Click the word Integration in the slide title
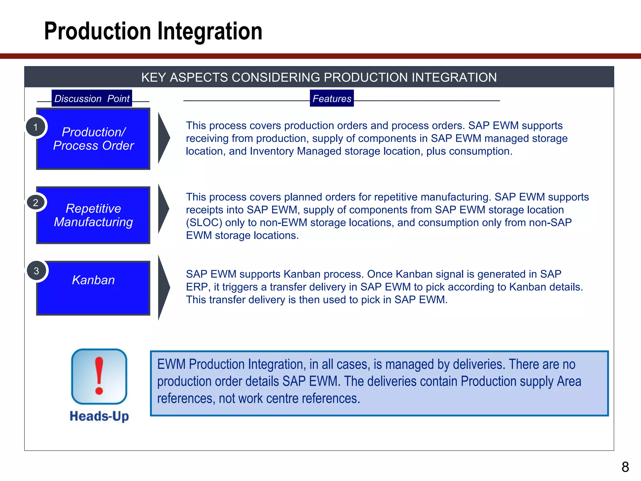(x=209, y=31)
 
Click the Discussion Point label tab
(x=92, y=98)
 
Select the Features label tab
(x=332, y=98)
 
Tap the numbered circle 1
(x=36, y=127)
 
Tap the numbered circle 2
(x=36, y=203)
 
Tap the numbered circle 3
(x=36, y=271)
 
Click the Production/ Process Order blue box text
(x=94, y=139)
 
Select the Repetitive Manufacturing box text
(x=93, y=215)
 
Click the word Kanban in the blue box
(x=93, y=280)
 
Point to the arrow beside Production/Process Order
(x=163, y=138)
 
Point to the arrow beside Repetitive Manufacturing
(x=163, y=209)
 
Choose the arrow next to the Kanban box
(x=163, y=287)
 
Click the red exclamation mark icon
(x=99, y=376)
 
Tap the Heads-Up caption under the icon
(x=99, y=416)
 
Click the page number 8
(x=625, y=467)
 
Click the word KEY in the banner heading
(x=153, y=77)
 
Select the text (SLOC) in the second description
(x=204, y=223)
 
